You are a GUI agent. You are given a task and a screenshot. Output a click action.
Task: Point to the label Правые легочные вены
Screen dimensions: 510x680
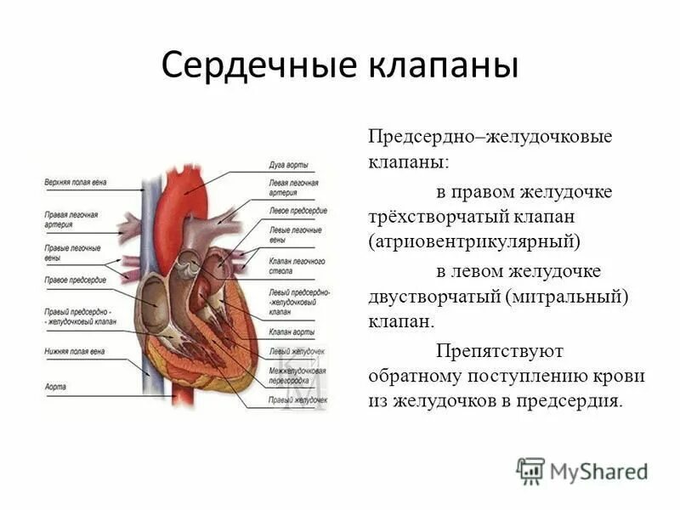point(71,252)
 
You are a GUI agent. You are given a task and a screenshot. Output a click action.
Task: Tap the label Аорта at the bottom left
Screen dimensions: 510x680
point(55,386)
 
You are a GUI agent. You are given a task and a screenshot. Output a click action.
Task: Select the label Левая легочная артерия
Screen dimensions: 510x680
point(292,188)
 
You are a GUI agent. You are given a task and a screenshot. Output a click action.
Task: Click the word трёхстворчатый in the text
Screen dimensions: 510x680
point(425,217)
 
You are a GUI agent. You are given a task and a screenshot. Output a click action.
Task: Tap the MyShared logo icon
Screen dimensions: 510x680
point(530,470)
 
